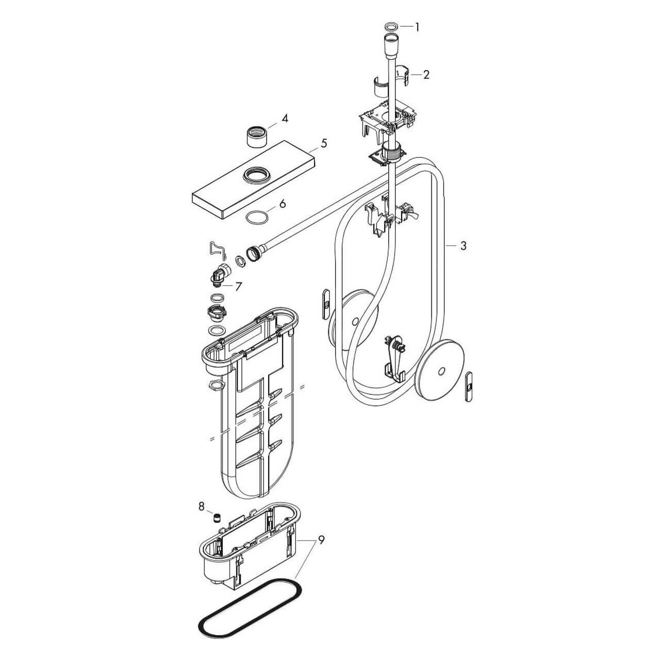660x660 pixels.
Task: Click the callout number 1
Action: pos(417,27)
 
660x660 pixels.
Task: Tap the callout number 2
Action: pos(426,75)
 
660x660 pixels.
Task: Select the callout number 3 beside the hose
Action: pos(463,245)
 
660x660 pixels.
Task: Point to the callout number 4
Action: pos(285,119)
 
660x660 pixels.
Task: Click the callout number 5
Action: pos(323,143)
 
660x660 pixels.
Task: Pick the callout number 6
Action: pos(282,204)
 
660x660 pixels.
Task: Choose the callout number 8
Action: pos(202,505)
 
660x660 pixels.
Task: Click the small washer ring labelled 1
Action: pos(391,26)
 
